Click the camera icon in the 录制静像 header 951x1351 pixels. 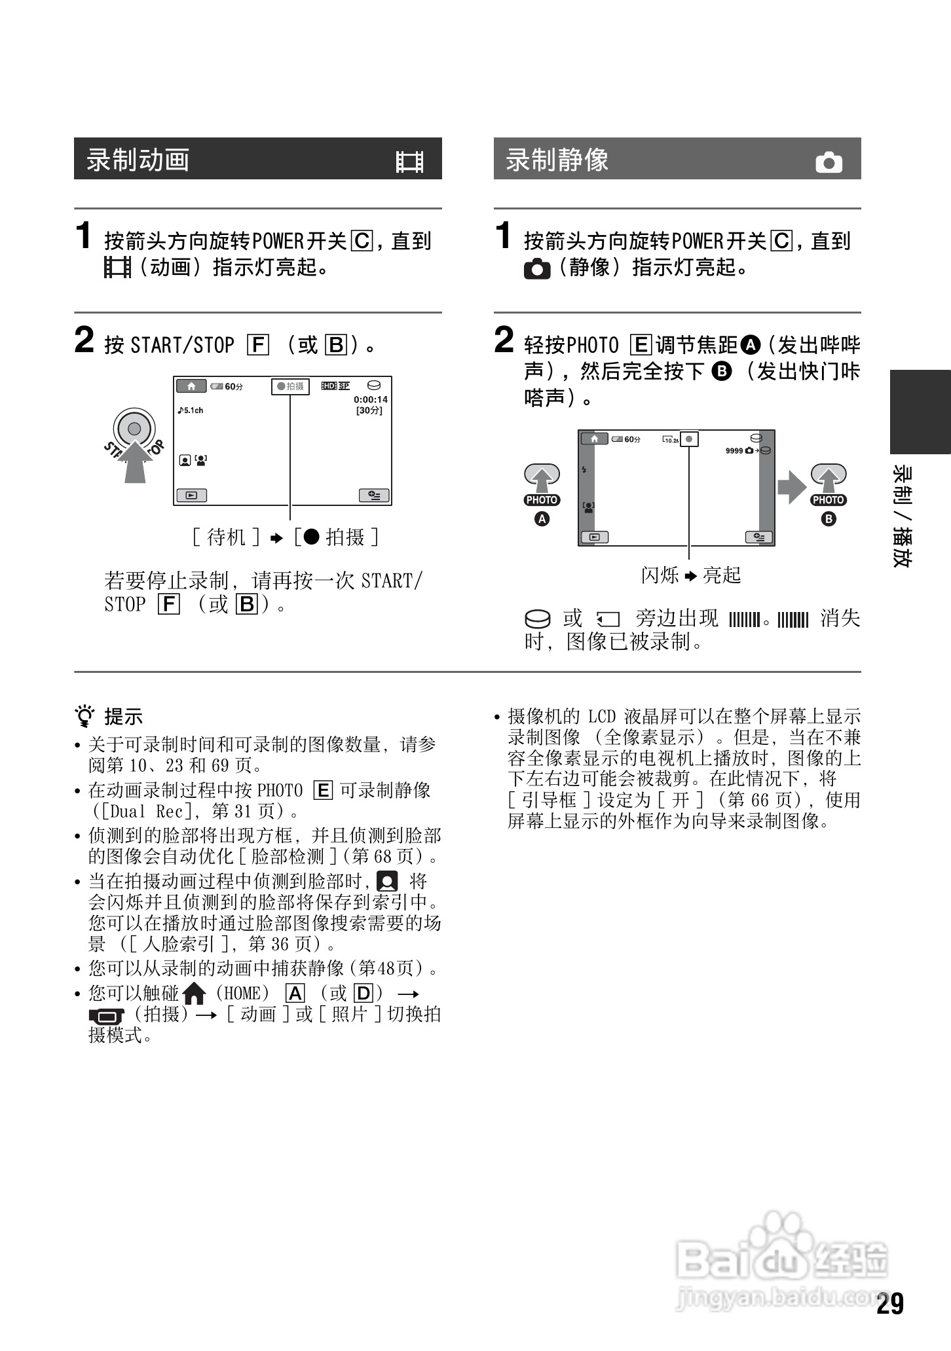point(829,162)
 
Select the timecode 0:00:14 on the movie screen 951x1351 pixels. point(371,399)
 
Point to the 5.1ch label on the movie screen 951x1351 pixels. point(191,410)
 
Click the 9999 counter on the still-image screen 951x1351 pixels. point(734,450)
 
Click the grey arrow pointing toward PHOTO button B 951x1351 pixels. point(791,486)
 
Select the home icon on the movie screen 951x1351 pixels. point(191,386)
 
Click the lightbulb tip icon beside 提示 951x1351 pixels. point(85,717)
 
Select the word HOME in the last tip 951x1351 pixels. point(246,994)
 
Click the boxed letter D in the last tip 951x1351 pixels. point(362,994)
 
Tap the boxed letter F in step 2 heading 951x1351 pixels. point(258,345)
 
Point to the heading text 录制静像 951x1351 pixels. point(557,160)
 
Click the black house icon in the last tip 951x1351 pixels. point(195,994)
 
